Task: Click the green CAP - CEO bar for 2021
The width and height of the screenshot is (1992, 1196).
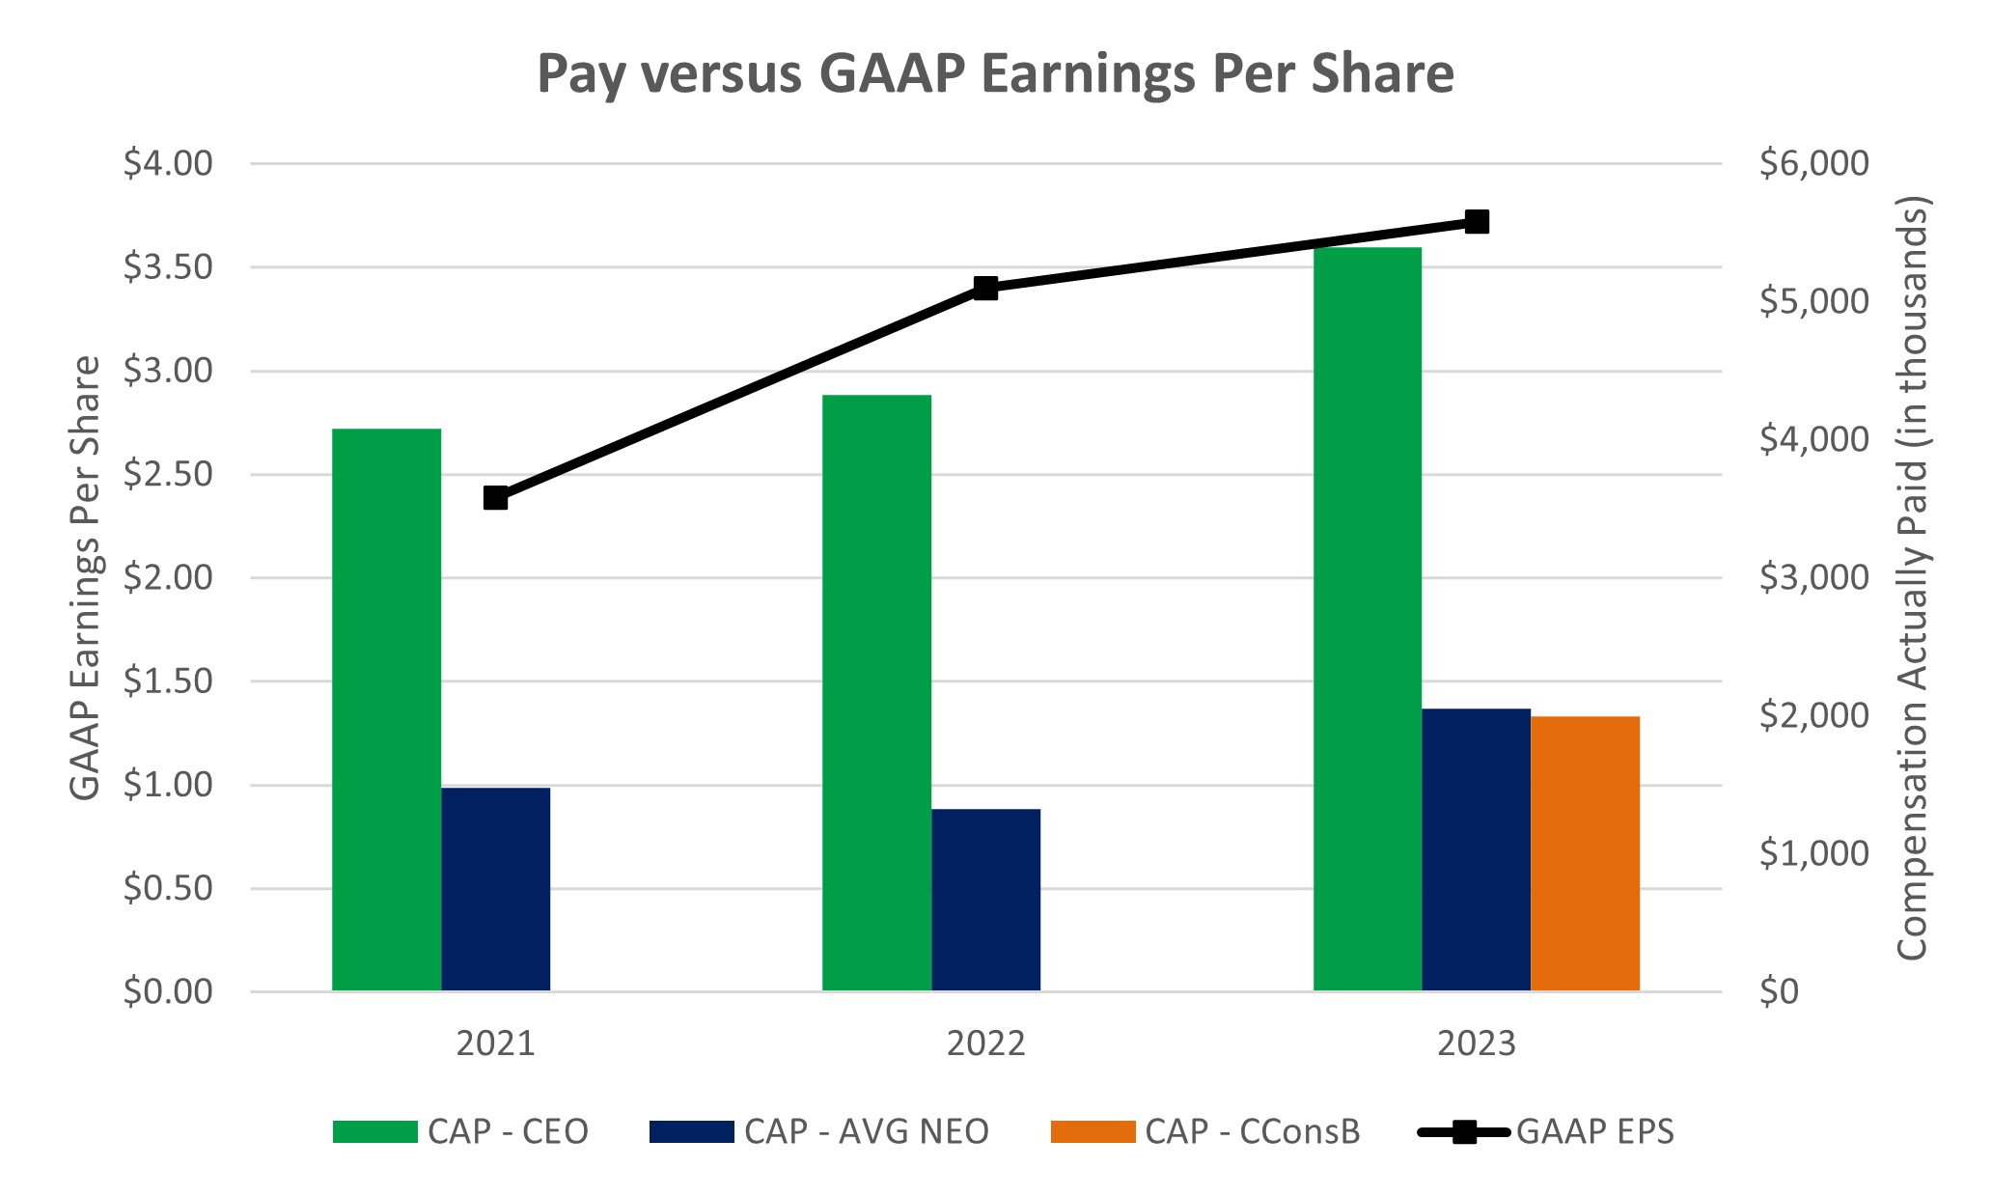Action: [386, 709]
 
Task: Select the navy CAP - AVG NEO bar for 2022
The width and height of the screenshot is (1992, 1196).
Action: [985, 900]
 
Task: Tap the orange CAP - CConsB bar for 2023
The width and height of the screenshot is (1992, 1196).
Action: [1585, 853]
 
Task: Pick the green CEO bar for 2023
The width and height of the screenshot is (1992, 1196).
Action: [1367, 619]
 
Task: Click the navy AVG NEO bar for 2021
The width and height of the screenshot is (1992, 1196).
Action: [495, 889]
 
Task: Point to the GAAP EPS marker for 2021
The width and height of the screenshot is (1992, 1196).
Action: [495, 498]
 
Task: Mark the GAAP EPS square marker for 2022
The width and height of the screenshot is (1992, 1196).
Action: [985, 289]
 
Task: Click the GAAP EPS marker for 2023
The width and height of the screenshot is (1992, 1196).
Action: [1477, 222]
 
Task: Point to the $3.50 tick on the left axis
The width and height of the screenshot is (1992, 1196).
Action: [168, 267]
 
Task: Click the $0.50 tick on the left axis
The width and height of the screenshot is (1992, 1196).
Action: [168, 888]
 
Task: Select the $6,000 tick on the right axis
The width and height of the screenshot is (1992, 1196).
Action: [1813, 164]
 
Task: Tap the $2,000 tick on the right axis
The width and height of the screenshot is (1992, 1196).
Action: [1813, 715]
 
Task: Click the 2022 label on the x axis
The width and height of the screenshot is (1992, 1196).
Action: [985, 1043]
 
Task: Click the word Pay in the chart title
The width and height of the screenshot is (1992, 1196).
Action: [576, 75]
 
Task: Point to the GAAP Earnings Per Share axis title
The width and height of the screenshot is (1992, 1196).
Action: [85, 577]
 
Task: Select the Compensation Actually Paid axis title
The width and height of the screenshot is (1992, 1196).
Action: [1911, 577]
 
